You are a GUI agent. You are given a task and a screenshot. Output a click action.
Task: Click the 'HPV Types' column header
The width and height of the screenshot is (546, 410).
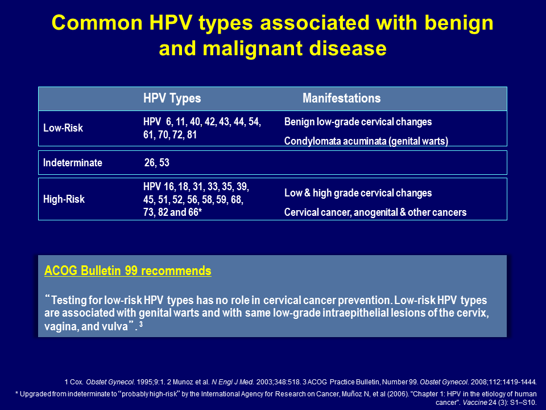click(x=172, y=99)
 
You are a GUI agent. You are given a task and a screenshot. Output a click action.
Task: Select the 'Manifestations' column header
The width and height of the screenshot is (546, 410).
click(x=342, y=99)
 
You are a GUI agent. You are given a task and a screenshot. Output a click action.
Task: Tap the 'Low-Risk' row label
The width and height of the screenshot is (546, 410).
click(x=63, y=128)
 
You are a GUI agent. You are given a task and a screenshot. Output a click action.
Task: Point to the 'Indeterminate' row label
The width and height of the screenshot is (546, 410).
click(x=73, y=163)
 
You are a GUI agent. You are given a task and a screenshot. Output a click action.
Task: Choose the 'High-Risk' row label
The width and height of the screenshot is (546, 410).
click(x=64, y=199)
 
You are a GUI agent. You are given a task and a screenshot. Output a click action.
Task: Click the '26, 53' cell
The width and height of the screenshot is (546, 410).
click(x=157, y=163)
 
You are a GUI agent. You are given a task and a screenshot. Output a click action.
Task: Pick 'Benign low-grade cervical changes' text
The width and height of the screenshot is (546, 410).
click(x=358, y=122)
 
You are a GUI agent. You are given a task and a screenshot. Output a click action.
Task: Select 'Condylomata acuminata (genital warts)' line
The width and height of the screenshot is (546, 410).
click(x=366, y=141)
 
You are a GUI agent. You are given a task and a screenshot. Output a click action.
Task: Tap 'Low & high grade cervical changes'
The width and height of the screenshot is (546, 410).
click(x=358, y=193)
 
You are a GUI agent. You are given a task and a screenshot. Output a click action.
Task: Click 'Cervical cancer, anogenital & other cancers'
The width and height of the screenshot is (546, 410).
click(x=375, y=212)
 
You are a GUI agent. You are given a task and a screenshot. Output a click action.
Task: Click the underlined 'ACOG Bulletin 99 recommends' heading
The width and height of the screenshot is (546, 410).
click(x=128, y=271)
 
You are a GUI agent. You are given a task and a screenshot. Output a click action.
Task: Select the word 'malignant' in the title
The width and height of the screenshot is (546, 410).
click(x=253, y=48)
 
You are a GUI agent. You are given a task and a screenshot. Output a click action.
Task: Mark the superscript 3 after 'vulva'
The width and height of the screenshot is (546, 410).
click(x=140, y=324)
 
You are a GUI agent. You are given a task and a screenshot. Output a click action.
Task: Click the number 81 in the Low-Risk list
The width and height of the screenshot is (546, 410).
click(x=192, y=135)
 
